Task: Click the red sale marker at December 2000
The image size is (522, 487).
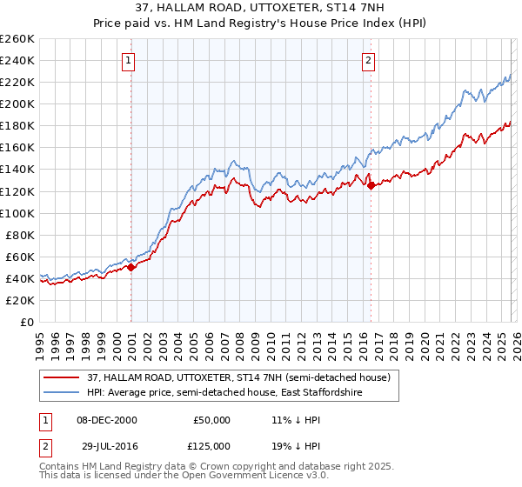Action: click(131, 267)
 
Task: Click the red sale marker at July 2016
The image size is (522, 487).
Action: click(371, 185)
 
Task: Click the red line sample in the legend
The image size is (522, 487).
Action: click(63, 377)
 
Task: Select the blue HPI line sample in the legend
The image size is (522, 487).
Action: click(63, 393)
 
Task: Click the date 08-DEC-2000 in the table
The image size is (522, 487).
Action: click(103, 420)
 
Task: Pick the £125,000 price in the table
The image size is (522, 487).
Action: click(211, 444)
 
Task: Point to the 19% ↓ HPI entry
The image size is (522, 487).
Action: click(296, 444)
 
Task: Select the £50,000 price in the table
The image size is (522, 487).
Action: click(211, 420)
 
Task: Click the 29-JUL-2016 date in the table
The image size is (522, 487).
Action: click(103, 444)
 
